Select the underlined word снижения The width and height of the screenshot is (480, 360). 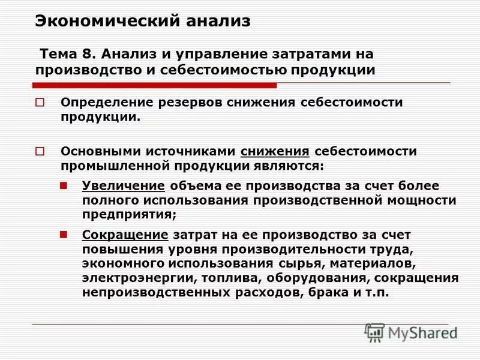(x=275, y=151)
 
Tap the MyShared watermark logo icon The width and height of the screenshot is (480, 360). (x=374, y=332)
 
